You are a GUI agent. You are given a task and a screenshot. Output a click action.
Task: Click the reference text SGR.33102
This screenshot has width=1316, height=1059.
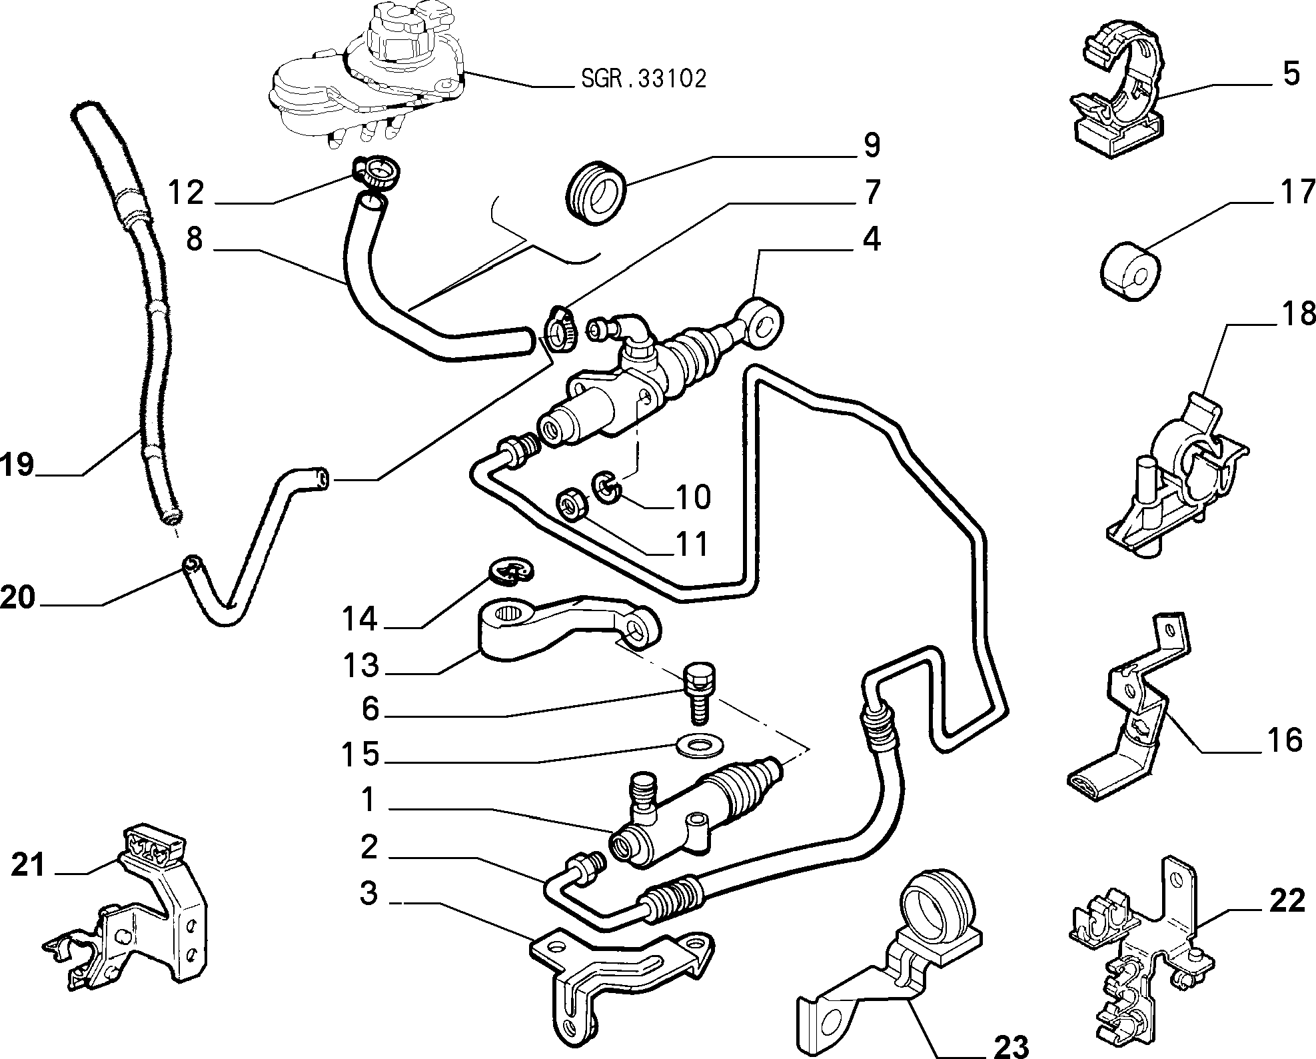point(644,79)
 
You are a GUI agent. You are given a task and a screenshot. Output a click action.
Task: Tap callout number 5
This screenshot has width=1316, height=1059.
point(1291,73)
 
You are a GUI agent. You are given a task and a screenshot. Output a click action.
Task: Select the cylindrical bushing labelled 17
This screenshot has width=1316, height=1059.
point(1128,274)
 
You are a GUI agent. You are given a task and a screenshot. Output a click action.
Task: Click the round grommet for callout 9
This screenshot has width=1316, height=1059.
point(596,192)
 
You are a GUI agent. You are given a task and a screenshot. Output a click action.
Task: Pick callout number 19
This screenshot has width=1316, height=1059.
point(17,464)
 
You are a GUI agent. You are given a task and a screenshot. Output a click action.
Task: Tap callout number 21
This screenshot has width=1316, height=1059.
point(27,866)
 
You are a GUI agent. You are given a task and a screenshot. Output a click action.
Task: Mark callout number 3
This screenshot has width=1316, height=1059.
point(368,894)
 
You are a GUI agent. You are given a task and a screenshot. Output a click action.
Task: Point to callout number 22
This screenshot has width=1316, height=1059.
point(1287,901)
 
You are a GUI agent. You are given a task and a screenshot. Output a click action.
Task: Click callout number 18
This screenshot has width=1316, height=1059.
point(1297,314)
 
